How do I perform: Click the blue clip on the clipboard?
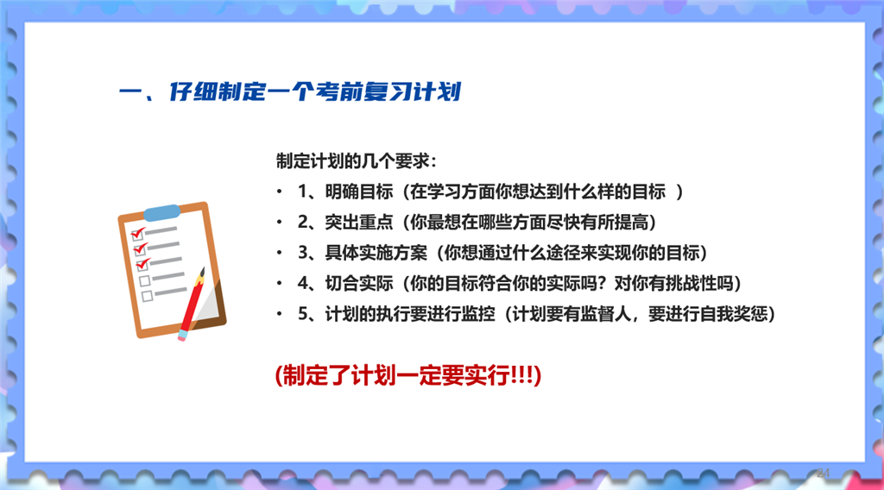pos(161,212)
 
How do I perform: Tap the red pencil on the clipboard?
pos(192,305)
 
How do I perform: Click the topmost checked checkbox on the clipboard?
pos(137,233)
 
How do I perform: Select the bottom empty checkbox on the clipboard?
pos(147,296)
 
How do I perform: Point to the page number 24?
pos(823,473)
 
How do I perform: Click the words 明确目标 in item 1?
pos(359,192)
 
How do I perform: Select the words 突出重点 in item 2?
pos(359,223)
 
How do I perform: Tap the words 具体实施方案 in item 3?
pos(376,253)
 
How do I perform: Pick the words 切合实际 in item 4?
pos(359,283)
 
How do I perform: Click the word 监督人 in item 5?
pos(605,314)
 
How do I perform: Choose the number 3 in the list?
pos(303,253)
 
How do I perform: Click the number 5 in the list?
pos(303,314)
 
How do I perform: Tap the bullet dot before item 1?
pos(279,192)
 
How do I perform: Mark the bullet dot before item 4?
pos(279,283)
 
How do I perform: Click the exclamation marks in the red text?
pos(521,375)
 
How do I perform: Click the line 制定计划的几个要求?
pos(356,161)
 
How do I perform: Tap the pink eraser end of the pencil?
pos(182,336)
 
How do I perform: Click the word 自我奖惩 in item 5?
pos(734,314)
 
